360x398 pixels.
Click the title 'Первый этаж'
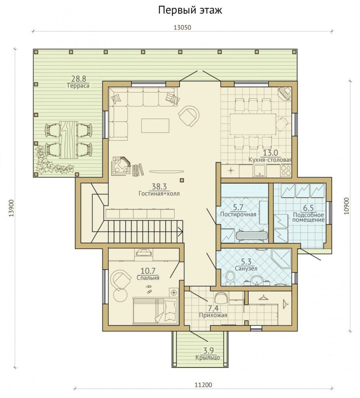click(190, 10)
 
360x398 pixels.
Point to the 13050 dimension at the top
click(182, 28)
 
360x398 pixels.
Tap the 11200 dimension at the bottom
click(203, 385)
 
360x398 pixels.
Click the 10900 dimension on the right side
click(346, 206)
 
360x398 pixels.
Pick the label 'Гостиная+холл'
click(159, 194)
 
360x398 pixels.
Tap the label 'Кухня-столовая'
click(270, 160)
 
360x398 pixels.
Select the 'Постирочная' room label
click(238, 214)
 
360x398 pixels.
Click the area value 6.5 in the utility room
click(308, 208)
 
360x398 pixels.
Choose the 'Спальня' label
click(148, 278)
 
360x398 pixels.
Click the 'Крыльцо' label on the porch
click(207, 358)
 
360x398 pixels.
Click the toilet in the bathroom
click(230, 277)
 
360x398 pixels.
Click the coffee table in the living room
click(155, 126)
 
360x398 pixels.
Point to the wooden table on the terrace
click(68, 140)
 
